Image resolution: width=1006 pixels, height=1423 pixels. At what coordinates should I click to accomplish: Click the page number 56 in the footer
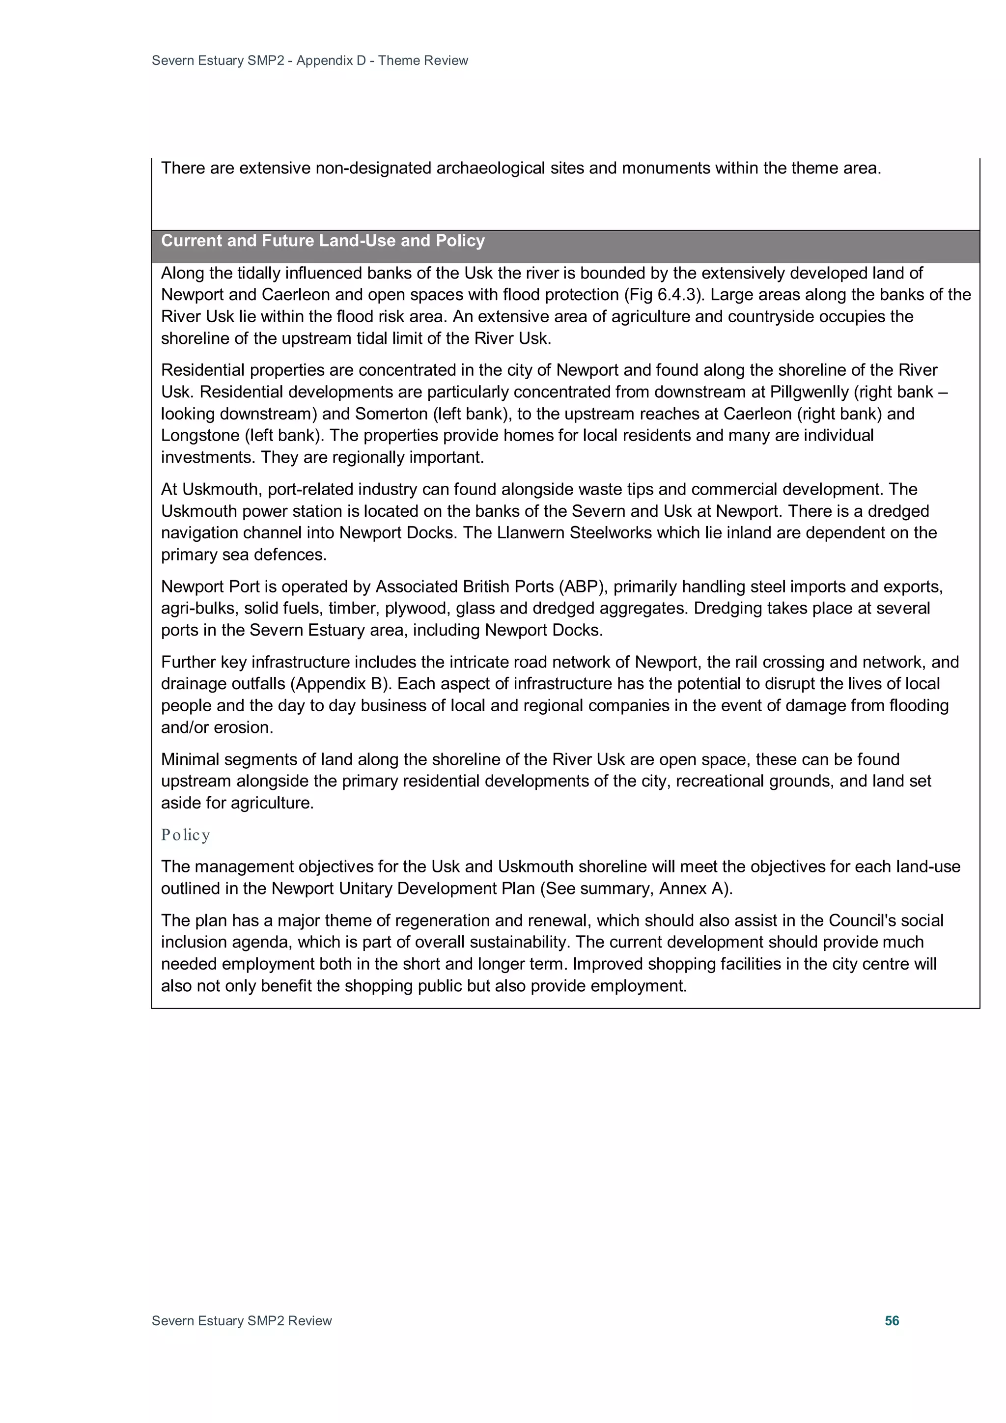(892, 1320)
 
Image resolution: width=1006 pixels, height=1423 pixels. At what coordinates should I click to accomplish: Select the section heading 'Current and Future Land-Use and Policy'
(322, 241)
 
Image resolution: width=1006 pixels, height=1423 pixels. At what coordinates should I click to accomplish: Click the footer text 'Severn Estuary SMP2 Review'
(242, 1320)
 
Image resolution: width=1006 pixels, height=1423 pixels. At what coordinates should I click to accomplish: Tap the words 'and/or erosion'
(217, 727)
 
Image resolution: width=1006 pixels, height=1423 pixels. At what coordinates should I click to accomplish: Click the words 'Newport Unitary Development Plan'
(403, 888)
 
